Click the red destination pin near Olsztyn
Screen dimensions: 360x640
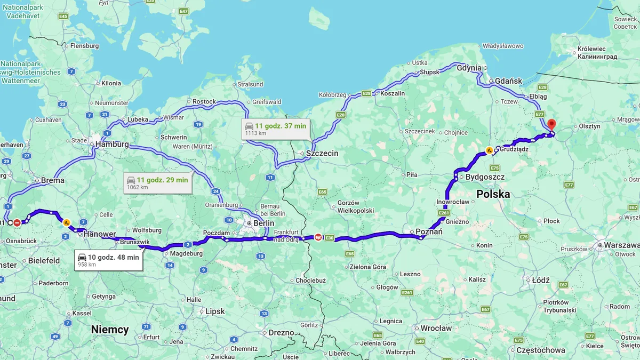click(551, 125)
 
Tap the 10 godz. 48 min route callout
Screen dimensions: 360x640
click(108, 260)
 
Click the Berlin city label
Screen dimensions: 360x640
click(263, 223)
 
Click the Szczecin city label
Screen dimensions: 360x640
click(322, 153)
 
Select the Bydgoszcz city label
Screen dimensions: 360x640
click(485, 177)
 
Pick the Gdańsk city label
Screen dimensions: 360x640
click(508, 81)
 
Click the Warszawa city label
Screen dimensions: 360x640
click(622, 245)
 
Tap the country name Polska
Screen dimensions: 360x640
click(493, 194)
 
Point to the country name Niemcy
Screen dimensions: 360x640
click(110, 330)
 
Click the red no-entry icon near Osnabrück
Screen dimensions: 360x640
click(17, 222)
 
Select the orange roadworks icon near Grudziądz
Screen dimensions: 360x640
click(489, 150)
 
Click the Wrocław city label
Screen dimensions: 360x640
click(436, 328)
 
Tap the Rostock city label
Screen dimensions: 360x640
click(204, 101)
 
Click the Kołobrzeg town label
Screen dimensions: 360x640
click(332, 95)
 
